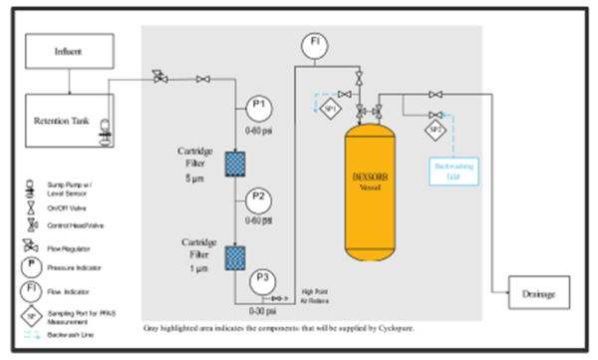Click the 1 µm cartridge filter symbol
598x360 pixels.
coord(236,256)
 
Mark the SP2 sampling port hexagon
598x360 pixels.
coord(437,129)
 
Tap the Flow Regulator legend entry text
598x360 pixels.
coord(69,247)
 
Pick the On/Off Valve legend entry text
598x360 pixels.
coord(67,208)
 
